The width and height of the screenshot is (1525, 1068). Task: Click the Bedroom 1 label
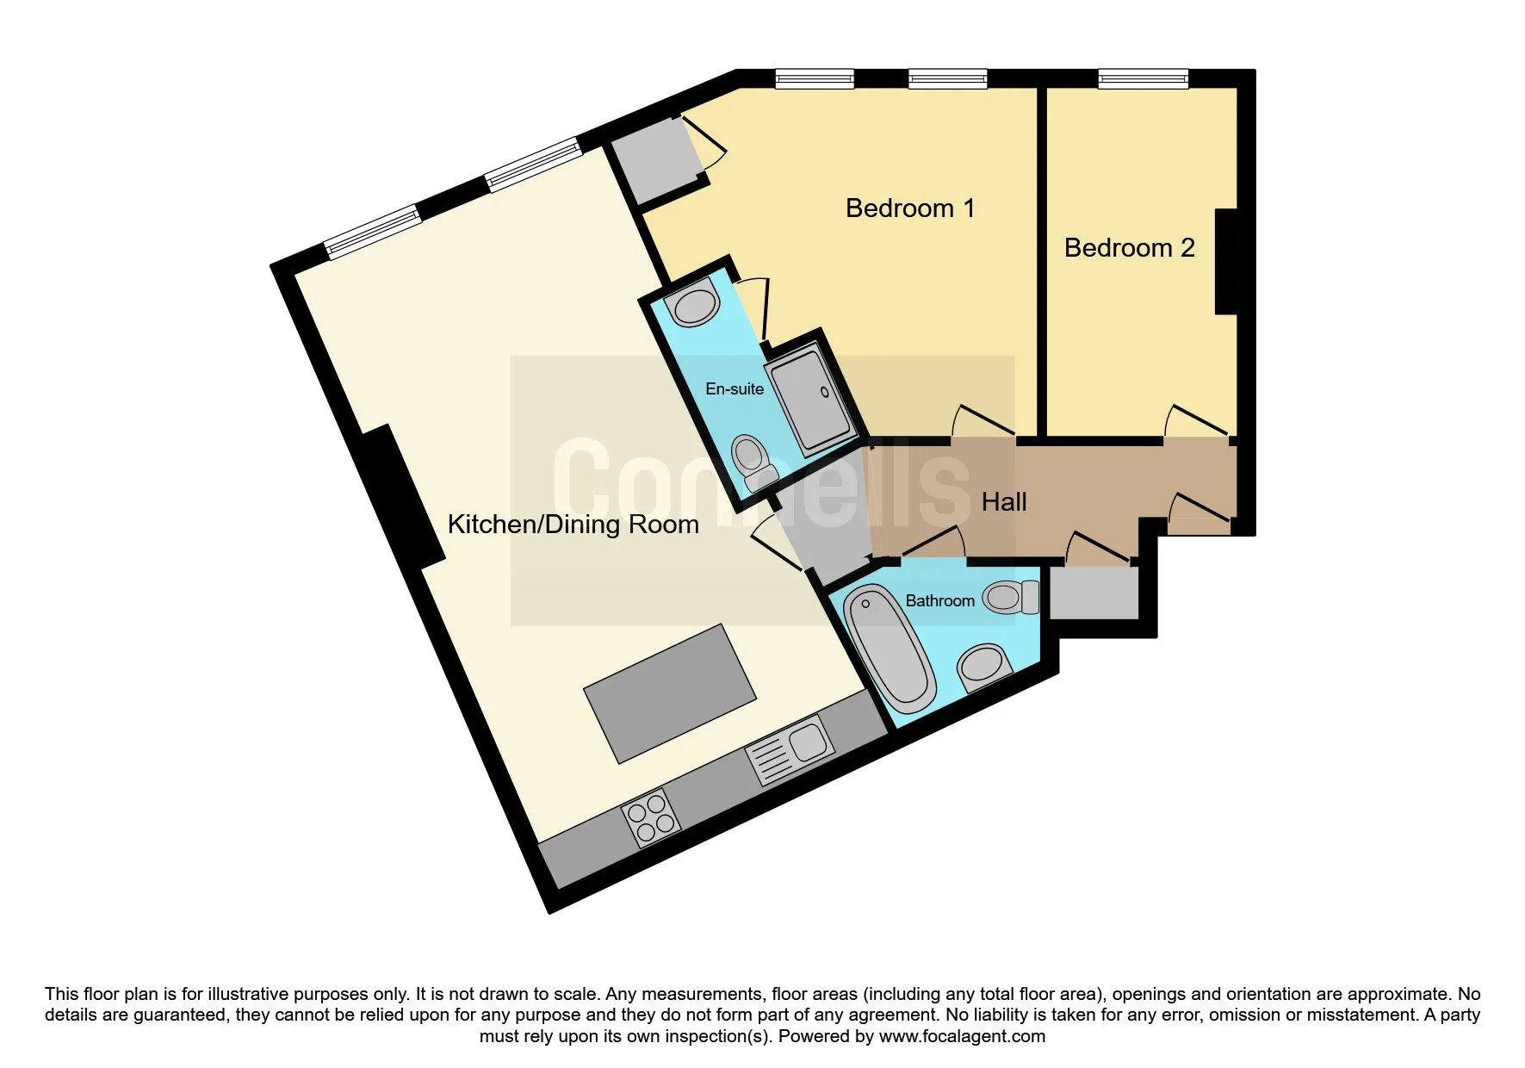pos(910,208)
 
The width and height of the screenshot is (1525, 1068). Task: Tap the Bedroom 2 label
pos(1129,248)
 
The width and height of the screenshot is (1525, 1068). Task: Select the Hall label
pos(1004,502)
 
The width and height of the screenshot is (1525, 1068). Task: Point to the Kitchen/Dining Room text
pos(573,525)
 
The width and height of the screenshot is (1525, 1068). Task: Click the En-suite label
pos(735,389)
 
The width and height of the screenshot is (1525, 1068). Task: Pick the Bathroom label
pos(939,601)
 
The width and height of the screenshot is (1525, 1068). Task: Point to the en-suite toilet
pos(753,463)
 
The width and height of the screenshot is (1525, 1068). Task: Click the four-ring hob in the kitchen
pos(651,817)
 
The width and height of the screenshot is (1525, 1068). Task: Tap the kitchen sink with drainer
pos(790,749)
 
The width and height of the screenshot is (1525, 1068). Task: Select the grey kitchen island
pos(670,694)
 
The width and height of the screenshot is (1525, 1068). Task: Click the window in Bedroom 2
pos(1144,79)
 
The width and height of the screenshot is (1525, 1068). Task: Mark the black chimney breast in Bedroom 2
pos(1226,262)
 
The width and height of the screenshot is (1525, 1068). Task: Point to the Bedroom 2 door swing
pos(1195,419)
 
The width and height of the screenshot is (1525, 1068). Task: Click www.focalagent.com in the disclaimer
pos(962,1036)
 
